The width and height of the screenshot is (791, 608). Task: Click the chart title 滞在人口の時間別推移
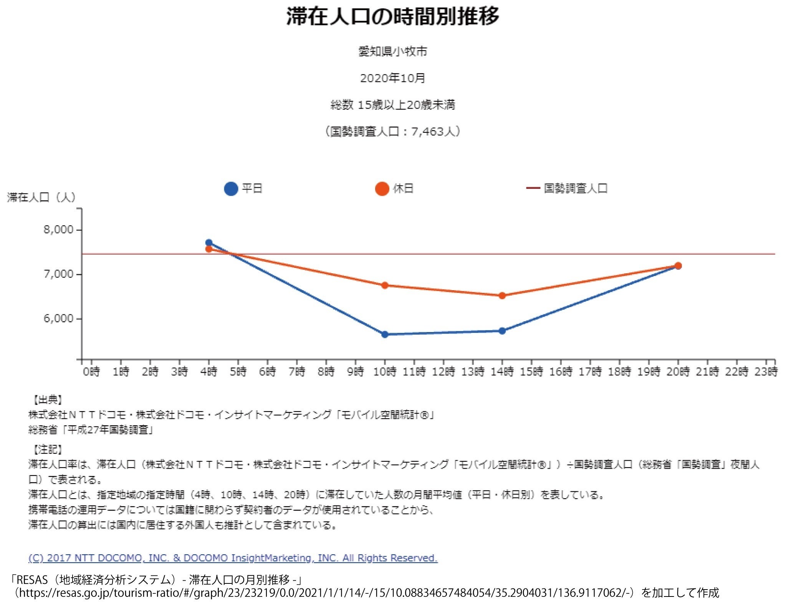tap(392, 17)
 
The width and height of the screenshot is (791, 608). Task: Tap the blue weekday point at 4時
tap(209, 243)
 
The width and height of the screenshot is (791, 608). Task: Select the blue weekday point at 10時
tap(385, 334)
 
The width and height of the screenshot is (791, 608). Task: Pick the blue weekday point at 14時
tap(502, 330)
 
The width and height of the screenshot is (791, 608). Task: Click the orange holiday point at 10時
tap(385, 285)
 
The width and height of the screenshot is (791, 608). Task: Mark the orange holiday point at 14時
tap(502, 296)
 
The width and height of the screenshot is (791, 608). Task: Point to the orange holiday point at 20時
tap(678, 266)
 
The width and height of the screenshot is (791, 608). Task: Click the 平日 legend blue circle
tap(231, 188)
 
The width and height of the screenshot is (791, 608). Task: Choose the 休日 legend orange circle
tap(382, 188)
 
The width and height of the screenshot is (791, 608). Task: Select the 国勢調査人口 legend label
tap(575, 188)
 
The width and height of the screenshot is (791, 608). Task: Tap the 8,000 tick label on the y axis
tap(58, 230)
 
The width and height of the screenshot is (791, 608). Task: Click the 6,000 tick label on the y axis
tap(58, 318)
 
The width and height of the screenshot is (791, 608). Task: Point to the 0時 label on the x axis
tap(91, 372)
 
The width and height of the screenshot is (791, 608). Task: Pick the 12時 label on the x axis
tap(443, 372)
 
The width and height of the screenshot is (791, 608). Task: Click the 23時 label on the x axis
tap(766, 372)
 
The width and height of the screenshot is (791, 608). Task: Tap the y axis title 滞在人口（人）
tap(41, 197)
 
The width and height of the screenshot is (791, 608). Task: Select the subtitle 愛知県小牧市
tap(392, 51)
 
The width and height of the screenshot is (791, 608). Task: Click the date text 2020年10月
tap(392, 78)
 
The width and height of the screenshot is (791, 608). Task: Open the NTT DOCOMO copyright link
tap(233, 558)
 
